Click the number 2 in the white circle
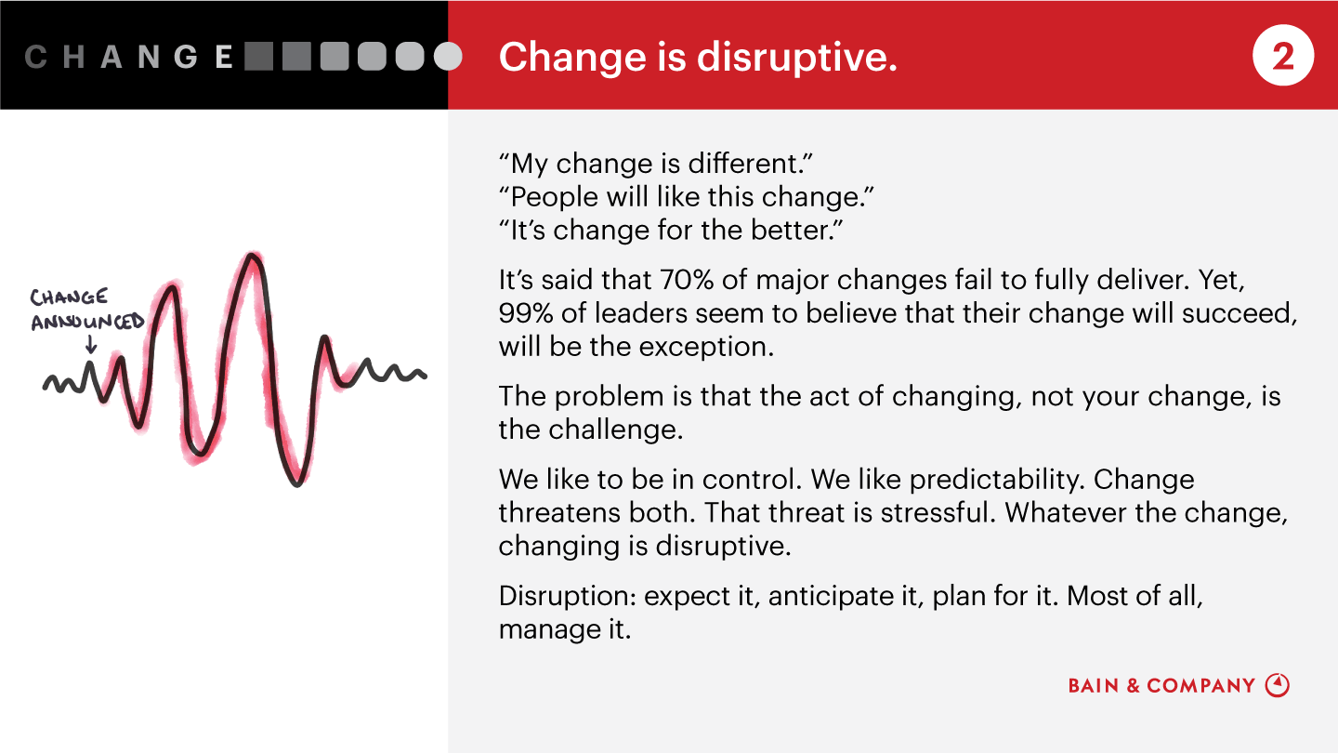click(1283, 57)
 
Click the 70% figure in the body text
click(687, 280)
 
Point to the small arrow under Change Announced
click(91, 344)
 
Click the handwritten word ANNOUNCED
click(87, 322)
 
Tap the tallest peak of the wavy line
click(252, 257)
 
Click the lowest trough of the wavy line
click(297, 482)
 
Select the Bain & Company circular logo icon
click(1277, 685)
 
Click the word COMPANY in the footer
click(1200, 685)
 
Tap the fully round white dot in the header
click(448, 57)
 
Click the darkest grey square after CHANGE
click(258, 57)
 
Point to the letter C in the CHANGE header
click(36, 57)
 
